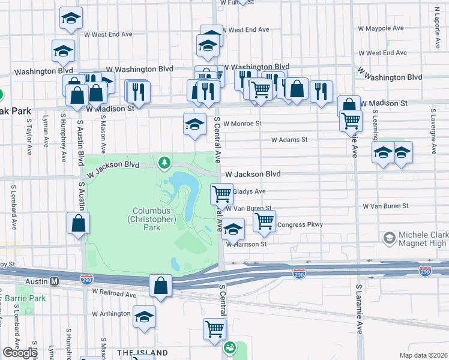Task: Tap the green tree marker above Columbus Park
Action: tap(163, 163)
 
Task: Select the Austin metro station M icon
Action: tap(54, 280)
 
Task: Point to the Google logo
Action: tap(20, 353)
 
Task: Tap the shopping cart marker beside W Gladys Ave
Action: tap(222, 194)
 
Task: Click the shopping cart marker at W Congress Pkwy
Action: tap(264, 220)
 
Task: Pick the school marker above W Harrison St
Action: tap(234, 228)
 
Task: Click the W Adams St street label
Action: tap(289, 139)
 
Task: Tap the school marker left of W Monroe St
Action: tap(194, 124)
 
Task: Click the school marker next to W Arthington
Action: tap(144, 316)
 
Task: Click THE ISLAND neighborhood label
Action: tap(142, 352)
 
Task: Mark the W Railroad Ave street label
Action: tap(115, 294)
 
